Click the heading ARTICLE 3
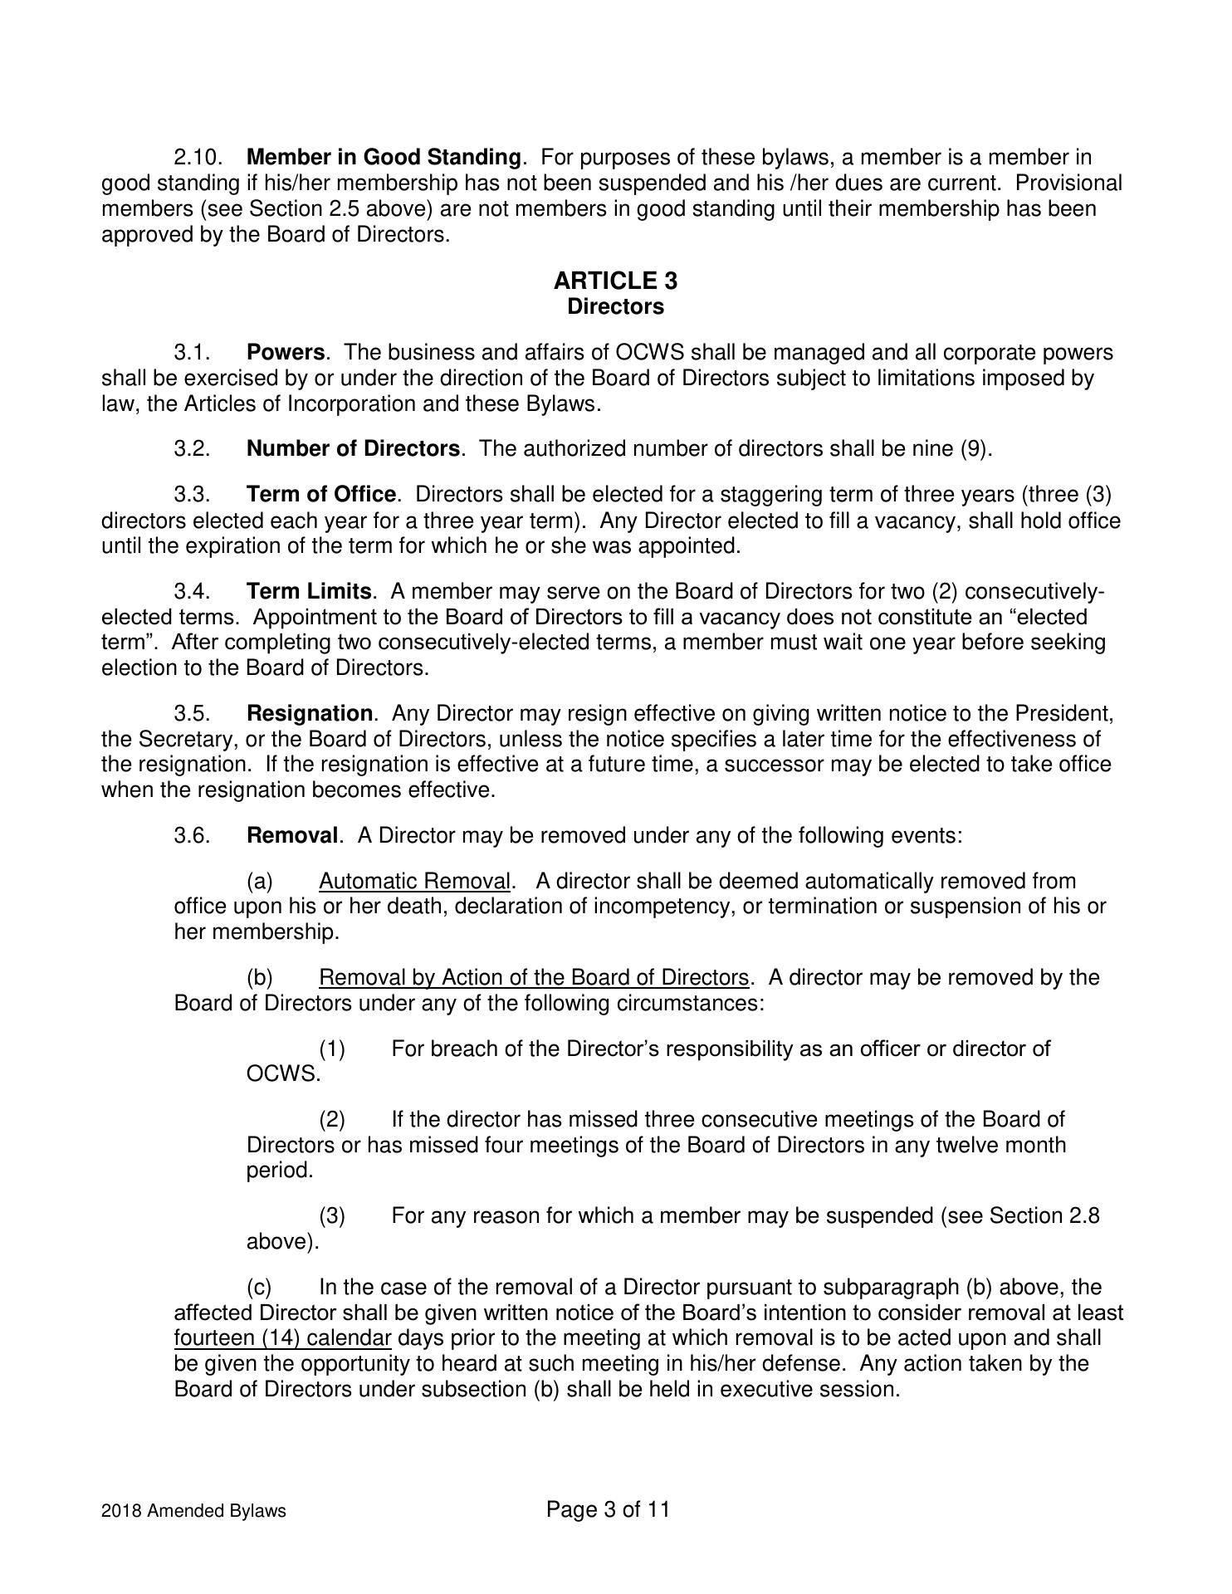click(615, 281)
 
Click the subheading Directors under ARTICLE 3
click(615, 307)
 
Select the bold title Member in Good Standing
click(384, 157)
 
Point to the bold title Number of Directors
click(353, 449)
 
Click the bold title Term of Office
click(320, 495)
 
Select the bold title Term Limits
click(309, 592)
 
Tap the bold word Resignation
click(309, 714)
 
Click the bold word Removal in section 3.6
click(292, 835)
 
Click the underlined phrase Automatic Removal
click(414, 882)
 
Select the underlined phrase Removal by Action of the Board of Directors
click(533, 978)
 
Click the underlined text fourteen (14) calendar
click(282, 1339)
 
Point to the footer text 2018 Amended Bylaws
click(193, 1511)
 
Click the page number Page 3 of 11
click(608, 1509)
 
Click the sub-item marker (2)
click(332, 1120)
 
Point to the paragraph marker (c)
click(260, 1288)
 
